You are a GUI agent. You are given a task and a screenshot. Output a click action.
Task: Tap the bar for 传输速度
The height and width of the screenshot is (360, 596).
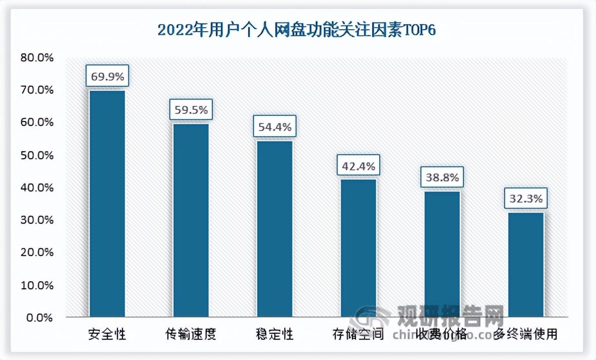191,220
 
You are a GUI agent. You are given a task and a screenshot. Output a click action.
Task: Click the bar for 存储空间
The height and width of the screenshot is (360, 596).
359,248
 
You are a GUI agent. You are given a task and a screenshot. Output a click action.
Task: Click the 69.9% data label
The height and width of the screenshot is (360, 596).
107,77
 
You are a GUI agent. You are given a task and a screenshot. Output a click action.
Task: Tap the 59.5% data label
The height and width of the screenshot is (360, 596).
191,109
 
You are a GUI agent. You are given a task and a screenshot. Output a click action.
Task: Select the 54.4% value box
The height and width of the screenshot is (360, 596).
275,127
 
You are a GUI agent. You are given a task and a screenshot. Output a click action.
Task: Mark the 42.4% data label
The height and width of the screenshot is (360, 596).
359,165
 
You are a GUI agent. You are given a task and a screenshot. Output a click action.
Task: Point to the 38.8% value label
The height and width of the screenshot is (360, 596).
442,177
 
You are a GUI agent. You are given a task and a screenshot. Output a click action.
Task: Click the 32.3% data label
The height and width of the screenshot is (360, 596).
526,199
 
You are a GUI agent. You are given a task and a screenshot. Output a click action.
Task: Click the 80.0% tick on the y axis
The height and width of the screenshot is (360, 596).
37,57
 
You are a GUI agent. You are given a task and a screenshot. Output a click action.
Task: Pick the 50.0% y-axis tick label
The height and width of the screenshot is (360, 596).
37,155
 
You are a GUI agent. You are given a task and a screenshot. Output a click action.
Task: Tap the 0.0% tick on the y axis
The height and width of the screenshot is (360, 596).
39,318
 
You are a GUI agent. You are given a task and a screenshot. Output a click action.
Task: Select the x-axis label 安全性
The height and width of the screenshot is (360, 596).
107,334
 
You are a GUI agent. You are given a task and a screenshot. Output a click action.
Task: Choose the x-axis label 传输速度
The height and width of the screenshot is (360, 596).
191,334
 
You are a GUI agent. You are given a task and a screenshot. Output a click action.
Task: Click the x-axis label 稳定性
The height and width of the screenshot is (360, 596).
275,334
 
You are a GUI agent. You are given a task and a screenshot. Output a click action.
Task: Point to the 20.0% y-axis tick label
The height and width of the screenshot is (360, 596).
37,253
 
